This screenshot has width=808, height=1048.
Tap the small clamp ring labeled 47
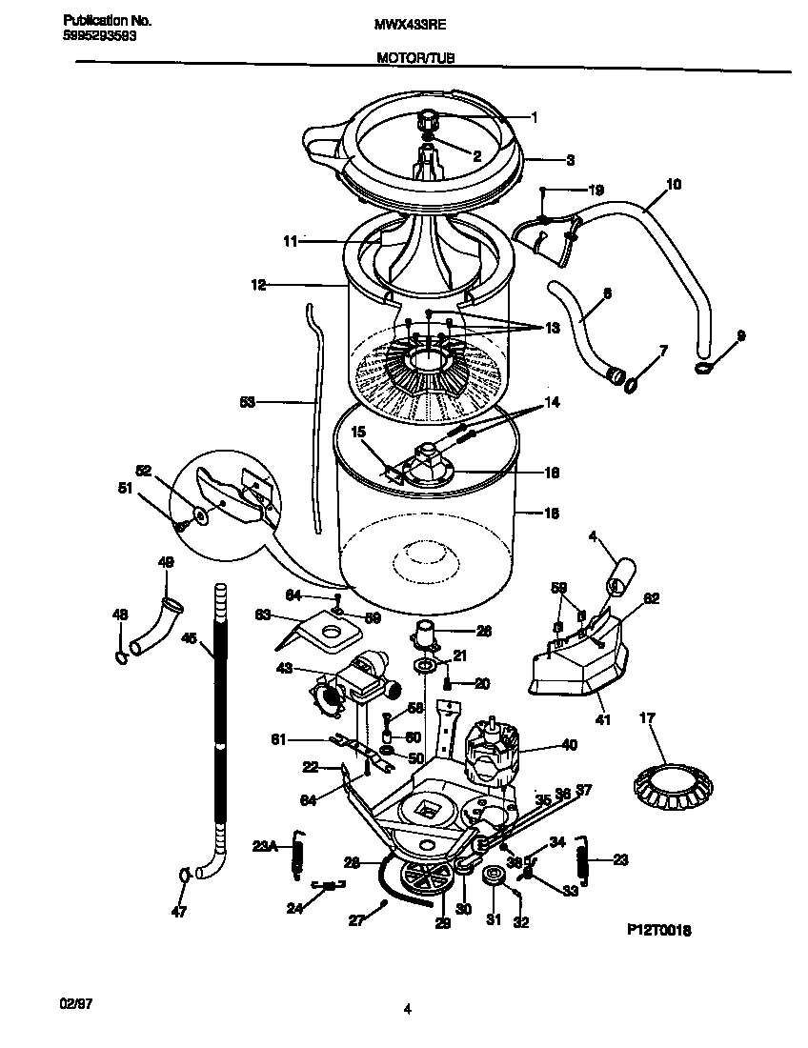[x=181, y=873]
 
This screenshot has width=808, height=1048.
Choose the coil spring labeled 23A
[x=296, y=848]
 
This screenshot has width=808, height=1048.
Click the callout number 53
[x=248, y=403]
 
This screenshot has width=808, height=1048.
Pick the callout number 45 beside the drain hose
[x=189, y=640]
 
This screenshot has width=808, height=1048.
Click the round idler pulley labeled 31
[x=494, y=877]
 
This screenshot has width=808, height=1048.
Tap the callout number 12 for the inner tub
[x=258, y=284]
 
